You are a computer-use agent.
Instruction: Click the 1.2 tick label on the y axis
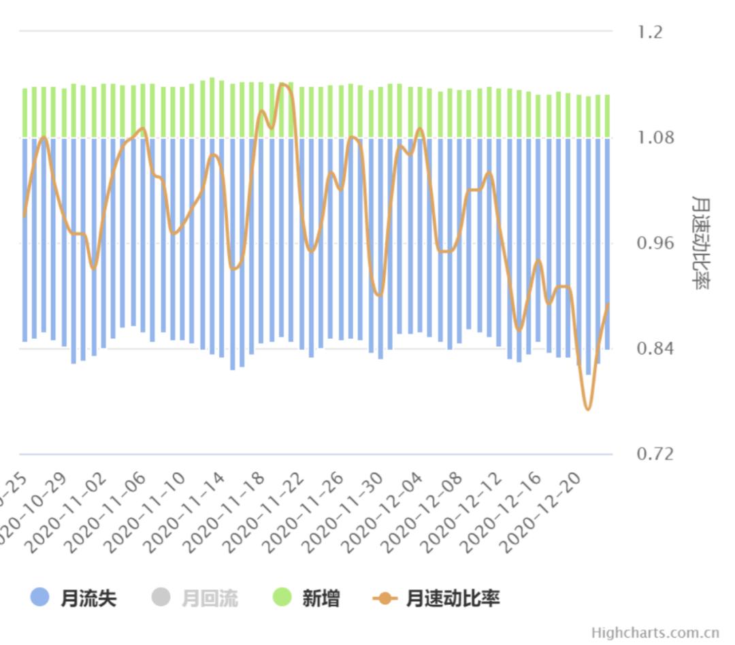point(650,32)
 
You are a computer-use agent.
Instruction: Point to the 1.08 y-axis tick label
point(656,138)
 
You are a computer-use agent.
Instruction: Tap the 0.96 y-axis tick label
point(656,244)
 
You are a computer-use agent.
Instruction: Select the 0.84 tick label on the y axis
point(656,349)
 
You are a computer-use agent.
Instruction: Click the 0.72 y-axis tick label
point(656,454)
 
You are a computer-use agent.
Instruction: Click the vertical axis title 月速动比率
point(700,243)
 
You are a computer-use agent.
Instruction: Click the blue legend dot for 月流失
point(40,598)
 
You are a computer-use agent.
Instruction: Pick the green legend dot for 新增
point(282,598)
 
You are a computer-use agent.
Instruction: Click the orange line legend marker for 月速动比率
point(385,599)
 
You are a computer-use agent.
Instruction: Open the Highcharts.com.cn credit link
point(655,633)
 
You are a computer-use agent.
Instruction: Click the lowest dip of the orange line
point(587,409)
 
